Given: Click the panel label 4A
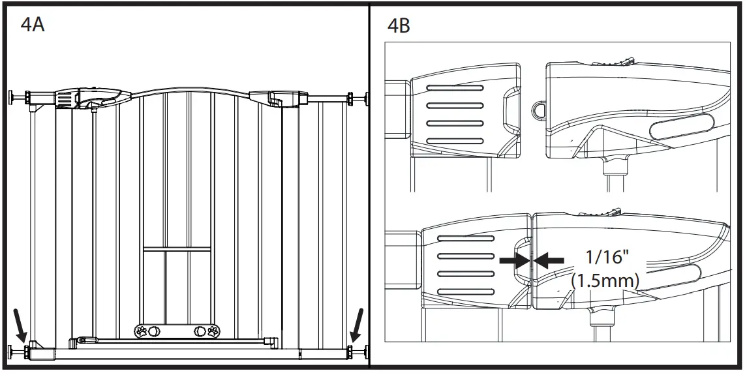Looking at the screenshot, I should coord(33,26).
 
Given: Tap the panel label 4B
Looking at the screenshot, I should coord(399,26).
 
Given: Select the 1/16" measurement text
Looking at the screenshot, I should coord(606,256).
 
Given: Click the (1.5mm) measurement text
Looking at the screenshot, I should coord(605,280).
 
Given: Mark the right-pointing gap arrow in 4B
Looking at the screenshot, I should coord(514,260).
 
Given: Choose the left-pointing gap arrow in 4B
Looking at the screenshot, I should coord(549,260).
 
